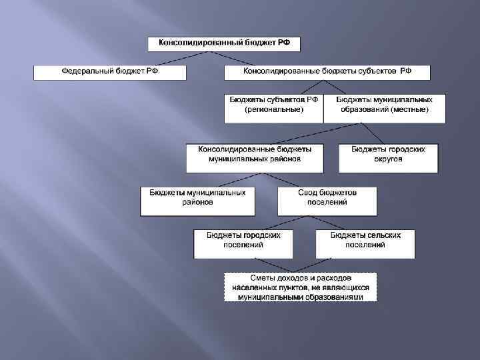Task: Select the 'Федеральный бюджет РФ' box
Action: [110, 72]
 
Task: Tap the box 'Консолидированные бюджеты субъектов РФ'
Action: [327, 72]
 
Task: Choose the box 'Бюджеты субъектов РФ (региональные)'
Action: [273, 108]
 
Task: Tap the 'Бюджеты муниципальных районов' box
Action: [197, 201]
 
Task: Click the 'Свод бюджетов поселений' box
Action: [327, 201]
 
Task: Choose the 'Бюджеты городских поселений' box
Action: [243, 244]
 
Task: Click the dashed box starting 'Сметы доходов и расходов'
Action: [300, 287]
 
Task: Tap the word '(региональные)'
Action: [273, 109]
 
